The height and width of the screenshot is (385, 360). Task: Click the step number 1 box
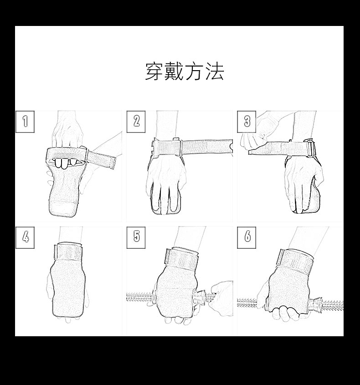pos(25,122)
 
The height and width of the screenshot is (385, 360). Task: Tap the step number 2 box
pos(136,122)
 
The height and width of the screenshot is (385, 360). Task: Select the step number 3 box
pos(247,122)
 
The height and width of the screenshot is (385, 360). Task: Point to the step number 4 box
pos(25,237)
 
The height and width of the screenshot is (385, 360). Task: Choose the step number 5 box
pos(136,237)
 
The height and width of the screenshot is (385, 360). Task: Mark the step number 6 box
pos(247,237)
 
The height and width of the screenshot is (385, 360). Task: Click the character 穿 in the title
pos(154,72)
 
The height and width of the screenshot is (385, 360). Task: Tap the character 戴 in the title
pos(175,72)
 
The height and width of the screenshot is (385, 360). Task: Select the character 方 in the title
pos(195,72)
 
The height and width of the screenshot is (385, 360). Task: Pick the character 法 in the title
pos(215,72)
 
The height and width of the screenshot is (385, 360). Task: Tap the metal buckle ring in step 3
pos(311,149)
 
